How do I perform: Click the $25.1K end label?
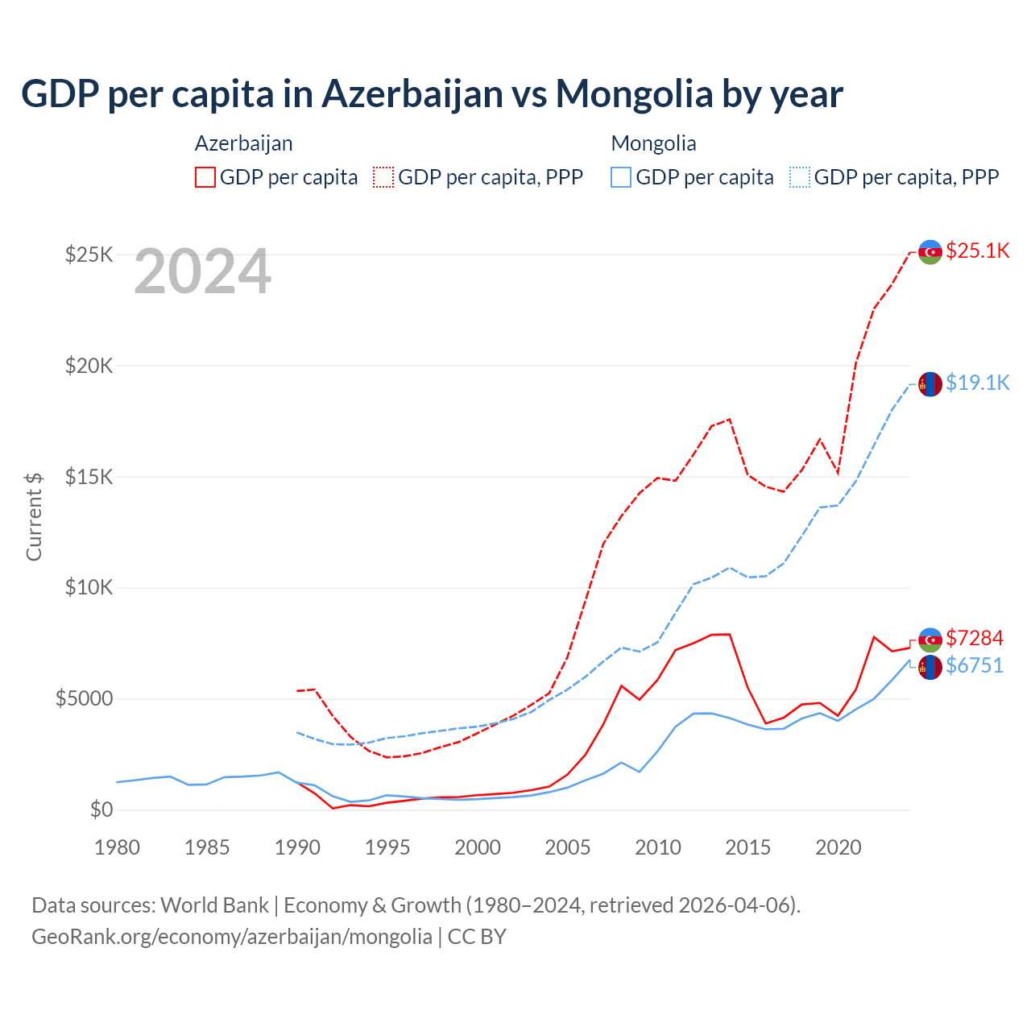pos(977,251)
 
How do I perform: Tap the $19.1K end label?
pos(977,383)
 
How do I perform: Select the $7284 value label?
pos(974,638)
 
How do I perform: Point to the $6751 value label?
pos(974,665)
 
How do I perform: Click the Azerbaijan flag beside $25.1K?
pos(930,252)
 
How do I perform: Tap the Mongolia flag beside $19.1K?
pos(930,384)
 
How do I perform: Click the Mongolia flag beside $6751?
pos(930,667)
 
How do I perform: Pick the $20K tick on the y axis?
pos(89,366)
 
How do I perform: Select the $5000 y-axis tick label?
pos(84,698)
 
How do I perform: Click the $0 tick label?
pos(101,809)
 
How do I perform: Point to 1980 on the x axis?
pos(117,847)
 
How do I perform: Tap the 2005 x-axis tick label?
pos(568,847)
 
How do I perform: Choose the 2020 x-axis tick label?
pos(838,847)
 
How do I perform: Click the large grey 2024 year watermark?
pos(202,271)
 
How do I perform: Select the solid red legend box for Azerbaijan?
pos(205,177)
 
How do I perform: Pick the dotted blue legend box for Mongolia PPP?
pos(800,177)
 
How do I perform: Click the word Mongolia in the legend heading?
pos(653,143)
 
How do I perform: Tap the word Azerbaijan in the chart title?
pos(412,93)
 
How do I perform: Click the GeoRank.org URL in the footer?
pos(232,937)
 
